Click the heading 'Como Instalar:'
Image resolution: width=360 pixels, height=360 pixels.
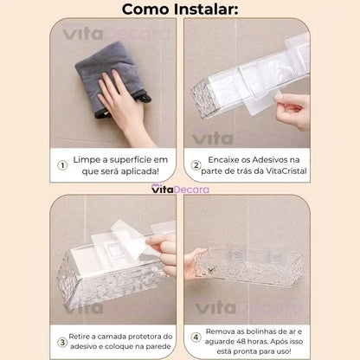click(x=180, y=10)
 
